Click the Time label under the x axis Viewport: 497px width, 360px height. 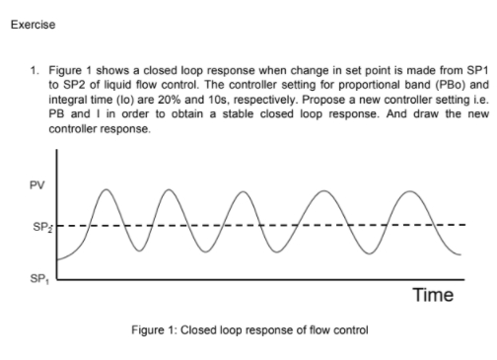[x=432, y=294]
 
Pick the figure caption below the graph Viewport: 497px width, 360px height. [x=249, y=329]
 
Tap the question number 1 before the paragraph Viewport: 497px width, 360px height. [x=33, y=71]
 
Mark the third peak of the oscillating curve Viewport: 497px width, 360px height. [x=260, y=186]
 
